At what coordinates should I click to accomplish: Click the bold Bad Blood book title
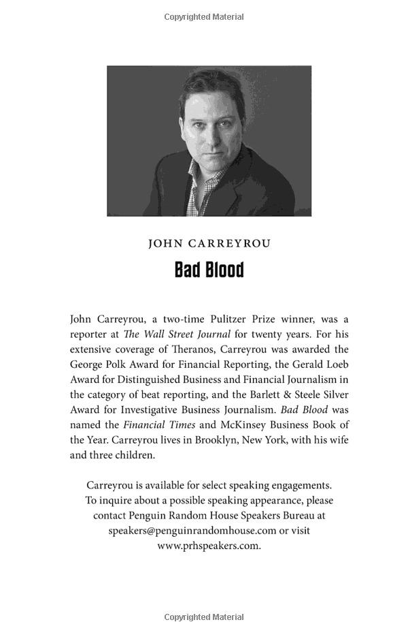(x=209, y=270)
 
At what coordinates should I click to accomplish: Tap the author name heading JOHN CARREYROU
(x=209, y=244)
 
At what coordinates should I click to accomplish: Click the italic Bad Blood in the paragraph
(x=304, y=409)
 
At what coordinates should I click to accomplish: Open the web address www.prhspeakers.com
(x=209, y=545)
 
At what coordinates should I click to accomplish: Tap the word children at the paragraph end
(x=135, y=454)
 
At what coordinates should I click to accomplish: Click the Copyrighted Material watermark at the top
(x=204, y=16)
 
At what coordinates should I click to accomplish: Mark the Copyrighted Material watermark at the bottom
(x=204, y=617)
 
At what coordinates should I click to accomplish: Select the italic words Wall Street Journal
(x=186, y=334)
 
